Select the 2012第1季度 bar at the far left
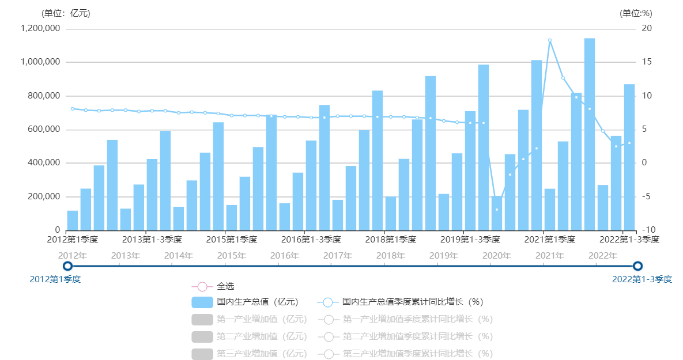pyautogui.click(x=73, y=220)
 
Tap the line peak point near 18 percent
pyautogui.click(x=549, y=40)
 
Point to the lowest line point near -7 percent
pyautogui.click(x=497, y=210)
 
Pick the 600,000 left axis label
pyautogui.click(x=44, y=129)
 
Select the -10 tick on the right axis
pyautogui.click(x=649, y=230)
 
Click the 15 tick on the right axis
pyautogui.click(x=647, y=62)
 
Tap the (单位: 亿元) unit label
pyautogui.click(x=66, y=13)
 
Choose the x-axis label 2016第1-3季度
pyautogui.click(x=311, y=239)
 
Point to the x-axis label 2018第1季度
pyautogui.click(x=390, y=239)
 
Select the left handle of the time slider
pyautogui.click(x=68, y=266)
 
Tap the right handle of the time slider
pyautogui.click(x=637, y=266)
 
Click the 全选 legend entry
pyautogui.click(x=225, y=286)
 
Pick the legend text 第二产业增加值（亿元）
pyautogui.click(x=262, y=336)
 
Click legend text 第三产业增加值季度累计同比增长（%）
pyautogui.click(x=418, y=354)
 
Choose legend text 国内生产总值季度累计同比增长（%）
pyautogui.click(x=412, y=302)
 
